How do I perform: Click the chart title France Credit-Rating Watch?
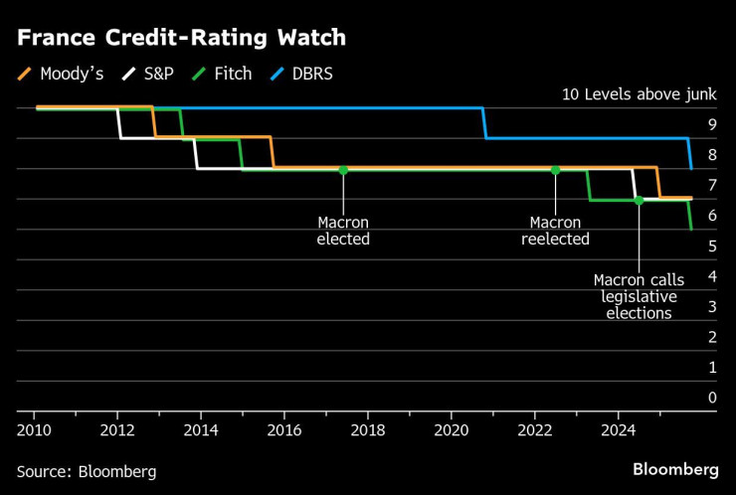[181, 39]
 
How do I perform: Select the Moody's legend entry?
[62, 74]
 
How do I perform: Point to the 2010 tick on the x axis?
[34, 429]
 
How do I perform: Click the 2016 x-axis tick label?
[283, 429]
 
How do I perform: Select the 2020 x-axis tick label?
[451, 429]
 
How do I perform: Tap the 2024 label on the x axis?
[618, 429]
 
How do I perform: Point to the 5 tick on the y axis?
[711, 246]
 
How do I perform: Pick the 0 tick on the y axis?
[711, 398]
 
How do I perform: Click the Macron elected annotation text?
[343, 231]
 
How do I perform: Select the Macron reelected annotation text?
[555, 231]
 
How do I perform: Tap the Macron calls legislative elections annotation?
[639, 296]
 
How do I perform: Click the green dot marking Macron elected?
[343, 170]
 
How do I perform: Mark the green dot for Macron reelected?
[555, 170]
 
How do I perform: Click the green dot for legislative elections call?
[639, 200]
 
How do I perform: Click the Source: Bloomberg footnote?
[87, 471]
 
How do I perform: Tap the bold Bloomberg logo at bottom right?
[675, 469]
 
